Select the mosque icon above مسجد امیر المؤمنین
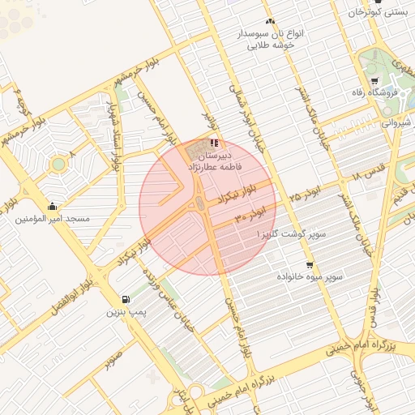coord(53,206)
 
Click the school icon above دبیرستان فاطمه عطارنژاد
coord(214,142)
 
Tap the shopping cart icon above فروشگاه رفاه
coord(374,80)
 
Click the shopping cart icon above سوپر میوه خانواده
coord(310,265)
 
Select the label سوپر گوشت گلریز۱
coord(292,233)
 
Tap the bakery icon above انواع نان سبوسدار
coord(269,22)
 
